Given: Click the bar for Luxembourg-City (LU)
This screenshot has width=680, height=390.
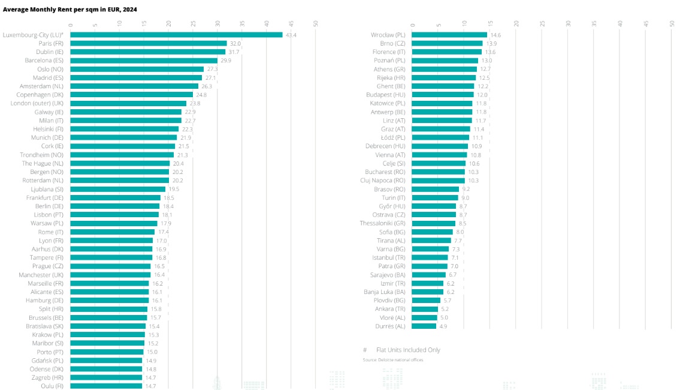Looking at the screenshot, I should tap(177, 35).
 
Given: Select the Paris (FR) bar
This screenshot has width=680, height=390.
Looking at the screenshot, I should tap(149, 43).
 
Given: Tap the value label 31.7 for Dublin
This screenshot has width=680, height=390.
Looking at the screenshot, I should tap(234, 52).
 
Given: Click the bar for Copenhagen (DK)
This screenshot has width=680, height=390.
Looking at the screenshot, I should tap(131, 95).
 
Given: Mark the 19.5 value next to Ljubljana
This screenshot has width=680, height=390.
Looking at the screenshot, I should tap(174, 189).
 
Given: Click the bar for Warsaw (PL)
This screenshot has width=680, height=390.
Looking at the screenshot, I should tap(114, 223).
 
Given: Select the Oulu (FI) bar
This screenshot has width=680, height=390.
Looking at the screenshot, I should tap(106, 386).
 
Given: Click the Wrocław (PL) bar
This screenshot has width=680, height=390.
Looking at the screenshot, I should tap(449, 35).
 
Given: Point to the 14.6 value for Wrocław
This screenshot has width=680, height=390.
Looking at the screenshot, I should tap(495, 35).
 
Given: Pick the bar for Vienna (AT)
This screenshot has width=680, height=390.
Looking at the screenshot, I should tap(440, 155).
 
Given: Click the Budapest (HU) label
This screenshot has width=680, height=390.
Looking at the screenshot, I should tap(386, 95).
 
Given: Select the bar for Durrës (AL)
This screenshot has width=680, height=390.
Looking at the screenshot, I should tap(424, 326).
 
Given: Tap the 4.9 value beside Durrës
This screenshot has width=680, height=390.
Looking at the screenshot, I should tap(443, 326).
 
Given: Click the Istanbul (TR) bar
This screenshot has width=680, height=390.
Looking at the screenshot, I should tap(430, 257).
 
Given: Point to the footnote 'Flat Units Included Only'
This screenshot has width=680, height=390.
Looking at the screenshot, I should tap(408, 350).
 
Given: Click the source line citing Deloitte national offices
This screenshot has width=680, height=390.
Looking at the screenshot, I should tap(392, 360).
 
